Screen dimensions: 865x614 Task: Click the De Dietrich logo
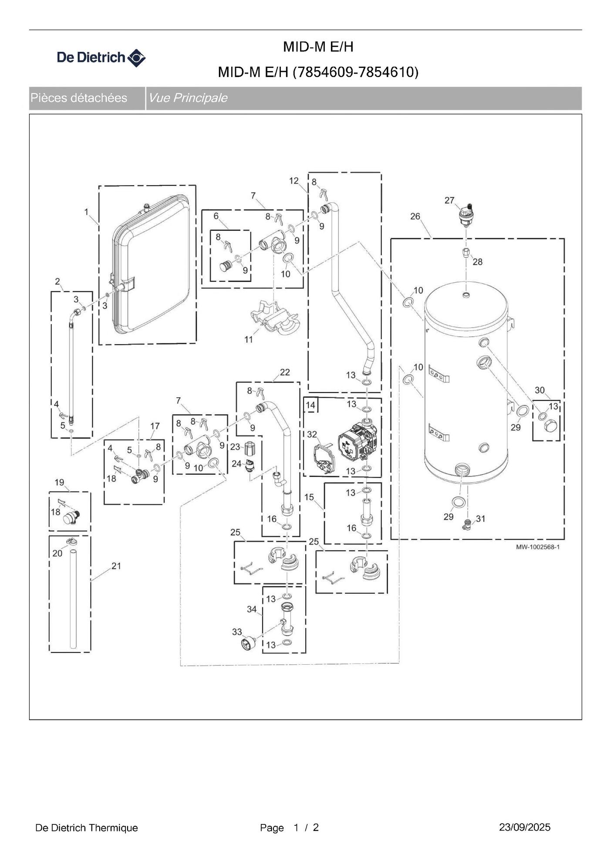pos(101,57)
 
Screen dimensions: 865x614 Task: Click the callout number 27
pos(449,200)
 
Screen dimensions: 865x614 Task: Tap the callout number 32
pos(312,434)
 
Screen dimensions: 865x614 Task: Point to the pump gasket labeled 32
pos(324,458)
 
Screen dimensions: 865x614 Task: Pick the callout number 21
pos(116,566)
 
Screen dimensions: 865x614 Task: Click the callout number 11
pos(248,339)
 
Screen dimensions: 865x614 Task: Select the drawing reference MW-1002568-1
pos(537,547)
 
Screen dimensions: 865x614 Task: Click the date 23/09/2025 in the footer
pos(524,827)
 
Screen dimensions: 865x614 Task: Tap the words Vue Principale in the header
pos(188,98)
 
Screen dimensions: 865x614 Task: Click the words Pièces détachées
pos(79,98)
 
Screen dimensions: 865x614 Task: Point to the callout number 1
pos(86,212)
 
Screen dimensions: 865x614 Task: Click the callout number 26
pos(415,216)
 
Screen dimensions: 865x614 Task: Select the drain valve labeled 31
pos(468,524)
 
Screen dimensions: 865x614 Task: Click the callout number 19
pos(59,482)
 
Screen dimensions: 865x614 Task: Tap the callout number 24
pos(236,463)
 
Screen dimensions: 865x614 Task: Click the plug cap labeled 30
pos(551,426)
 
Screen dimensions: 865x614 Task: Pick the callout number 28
pos(477,262)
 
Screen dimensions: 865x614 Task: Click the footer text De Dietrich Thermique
pos(86,828)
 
